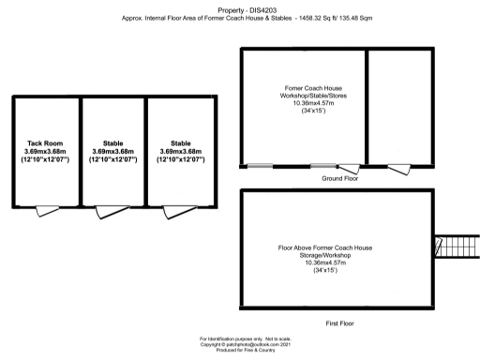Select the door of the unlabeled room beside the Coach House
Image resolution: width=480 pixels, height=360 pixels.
[397, 167]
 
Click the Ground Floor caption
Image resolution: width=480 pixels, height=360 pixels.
[340, 177]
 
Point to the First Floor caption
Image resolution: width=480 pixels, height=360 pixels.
[339, 322]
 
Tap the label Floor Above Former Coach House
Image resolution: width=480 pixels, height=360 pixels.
[325, 247]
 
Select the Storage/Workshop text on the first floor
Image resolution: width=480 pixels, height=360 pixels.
[325, 255]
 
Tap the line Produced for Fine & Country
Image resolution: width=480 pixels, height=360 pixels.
[240, 351]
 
